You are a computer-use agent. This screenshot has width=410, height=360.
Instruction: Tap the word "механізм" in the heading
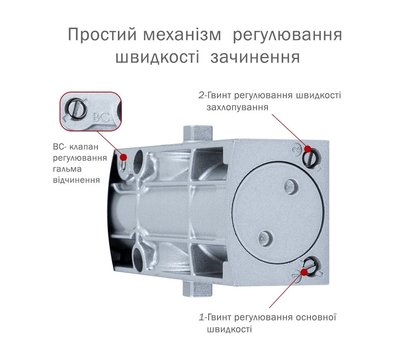187,36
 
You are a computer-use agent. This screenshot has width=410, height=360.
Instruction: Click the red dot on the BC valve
124,157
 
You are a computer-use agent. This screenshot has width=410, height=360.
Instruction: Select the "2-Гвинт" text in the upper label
218,95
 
